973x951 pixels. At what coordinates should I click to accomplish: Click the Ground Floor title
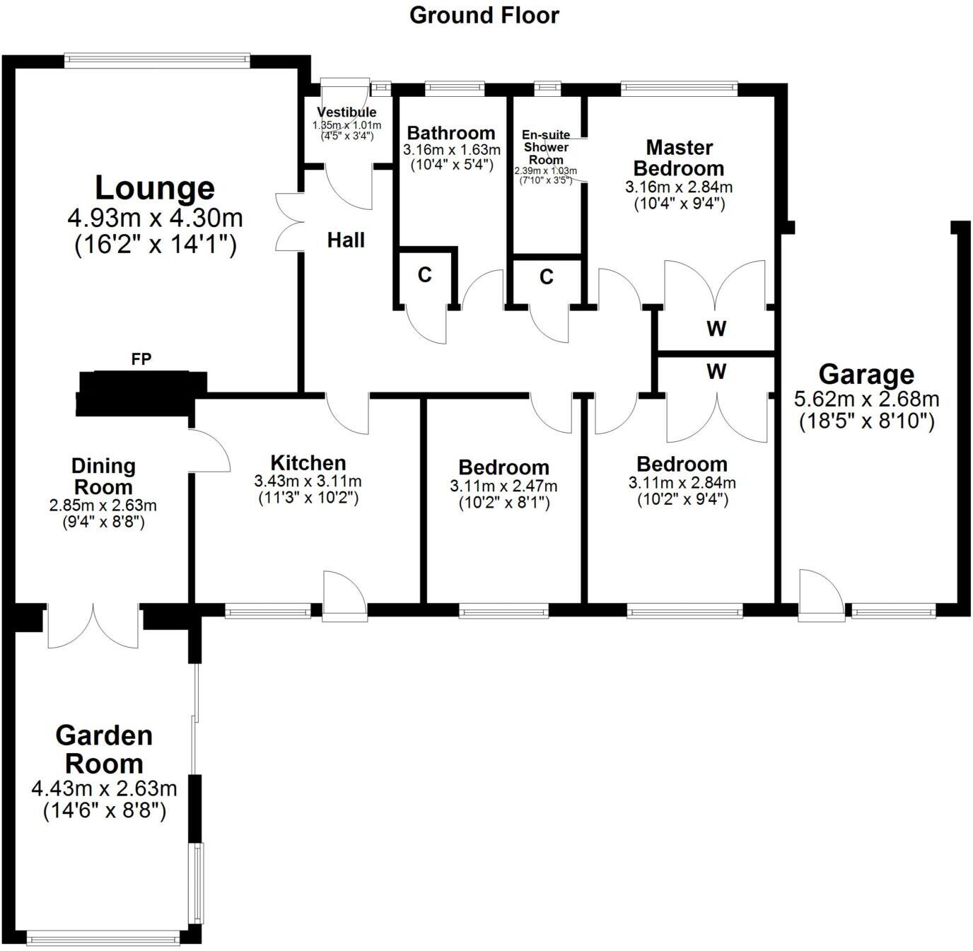click(484, 16)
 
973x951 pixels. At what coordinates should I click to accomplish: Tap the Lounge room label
click(155, 189)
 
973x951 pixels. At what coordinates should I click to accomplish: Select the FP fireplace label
click(141, 360)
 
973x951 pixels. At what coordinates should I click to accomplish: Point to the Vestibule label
click(346, 112)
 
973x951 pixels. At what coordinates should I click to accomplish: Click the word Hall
click(346, 240)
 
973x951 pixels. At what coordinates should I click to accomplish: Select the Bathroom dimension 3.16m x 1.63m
click(451, 150)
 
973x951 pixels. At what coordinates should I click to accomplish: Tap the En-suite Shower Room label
click(546, 147)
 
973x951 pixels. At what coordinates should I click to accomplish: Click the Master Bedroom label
click(679, 158)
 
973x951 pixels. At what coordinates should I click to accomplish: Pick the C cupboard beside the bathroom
click(424, 275)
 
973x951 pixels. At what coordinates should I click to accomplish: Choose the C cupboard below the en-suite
click(546, 277)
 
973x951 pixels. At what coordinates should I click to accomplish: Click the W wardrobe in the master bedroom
click(716, 329)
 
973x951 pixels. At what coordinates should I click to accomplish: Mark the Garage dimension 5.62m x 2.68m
click(866, 399)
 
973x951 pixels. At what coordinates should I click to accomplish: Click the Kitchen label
click(308, 463)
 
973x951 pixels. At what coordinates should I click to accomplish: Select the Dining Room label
click(103, 477)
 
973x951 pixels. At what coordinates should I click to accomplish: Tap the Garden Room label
click(104, 749)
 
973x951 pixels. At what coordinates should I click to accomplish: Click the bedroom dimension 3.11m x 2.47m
click(503, 486)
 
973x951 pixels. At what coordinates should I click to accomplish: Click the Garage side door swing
click(820, 594)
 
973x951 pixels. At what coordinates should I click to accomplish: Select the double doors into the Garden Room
click(93, 626)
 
